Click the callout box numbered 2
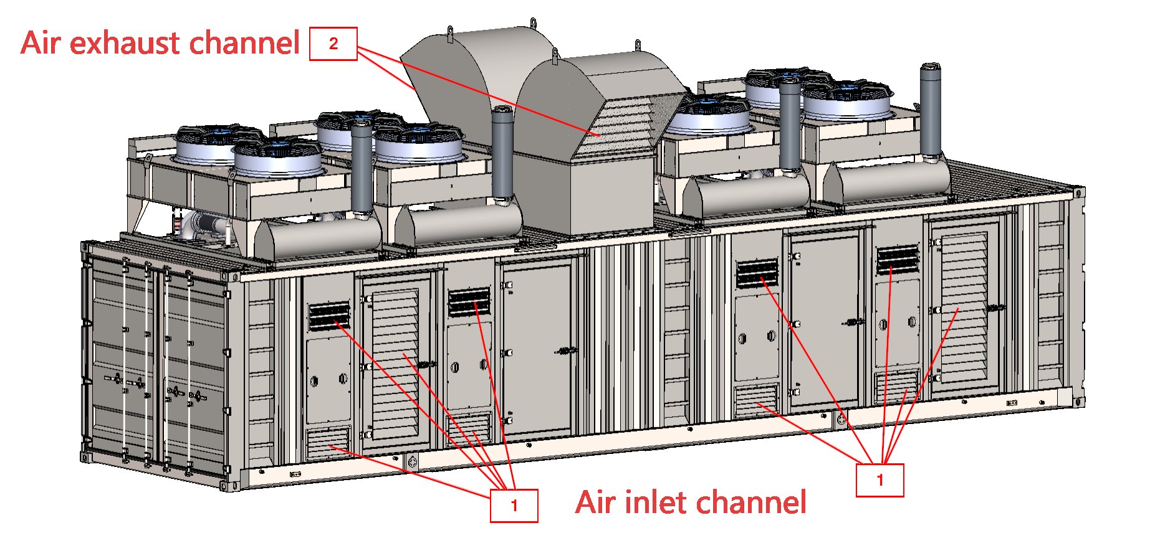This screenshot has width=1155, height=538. [333, 44]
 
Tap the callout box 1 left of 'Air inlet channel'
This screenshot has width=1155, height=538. [514, 505]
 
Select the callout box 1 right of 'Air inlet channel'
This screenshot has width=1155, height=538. [879, 480]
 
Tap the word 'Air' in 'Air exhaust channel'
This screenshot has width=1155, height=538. [41, 43]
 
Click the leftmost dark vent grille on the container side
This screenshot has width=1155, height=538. [329, 316]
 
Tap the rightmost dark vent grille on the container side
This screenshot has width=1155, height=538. [898, 260]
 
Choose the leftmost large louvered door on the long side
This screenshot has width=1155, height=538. [395, 361]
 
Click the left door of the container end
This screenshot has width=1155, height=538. [121, 361]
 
